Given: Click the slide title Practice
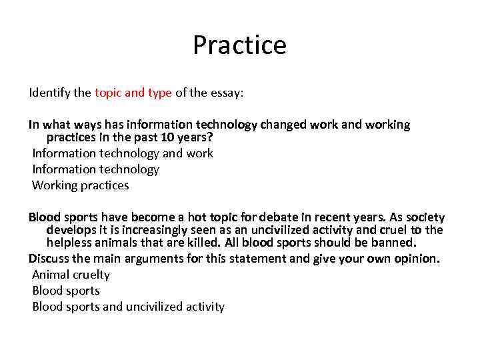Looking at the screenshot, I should click(x=239, y=45).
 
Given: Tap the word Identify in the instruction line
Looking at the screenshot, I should click(x=50, y=93).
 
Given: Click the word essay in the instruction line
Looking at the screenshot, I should click(x=227, y=93).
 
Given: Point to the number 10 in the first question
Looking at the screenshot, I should click(x=167, y=137).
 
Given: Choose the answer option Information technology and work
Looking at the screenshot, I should click(x=123, y=153).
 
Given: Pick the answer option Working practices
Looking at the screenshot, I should click(x=81, y=185).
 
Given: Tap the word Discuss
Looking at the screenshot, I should click(x=49, y=259).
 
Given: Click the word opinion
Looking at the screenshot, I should click(x=417, y=259).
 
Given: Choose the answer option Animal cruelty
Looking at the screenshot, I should click(x=71, y=275).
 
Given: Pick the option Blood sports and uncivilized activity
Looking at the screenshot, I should click(x=129, y=307).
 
